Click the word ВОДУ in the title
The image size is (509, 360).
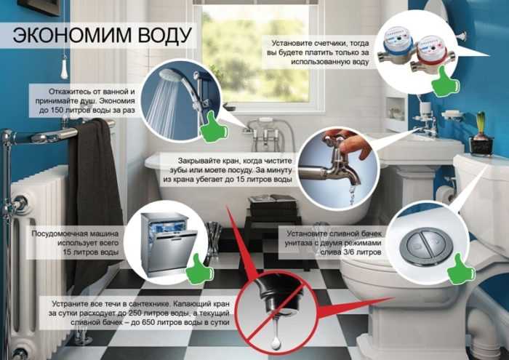(x=165, y=36)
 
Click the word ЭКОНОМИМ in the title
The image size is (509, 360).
(x=73, y=36)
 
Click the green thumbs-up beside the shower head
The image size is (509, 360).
(x=213, y=128)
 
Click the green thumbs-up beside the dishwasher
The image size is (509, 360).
(x=199, y=269)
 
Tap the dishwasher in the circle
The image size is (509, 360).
(x=168, y=244)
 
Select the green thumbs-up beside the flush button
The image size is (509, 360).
(x=460, y=270)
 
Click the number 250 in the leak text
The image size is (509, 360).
(x=136, y=313)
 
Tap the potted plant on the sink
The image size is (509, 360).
(x=481, y=134)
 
